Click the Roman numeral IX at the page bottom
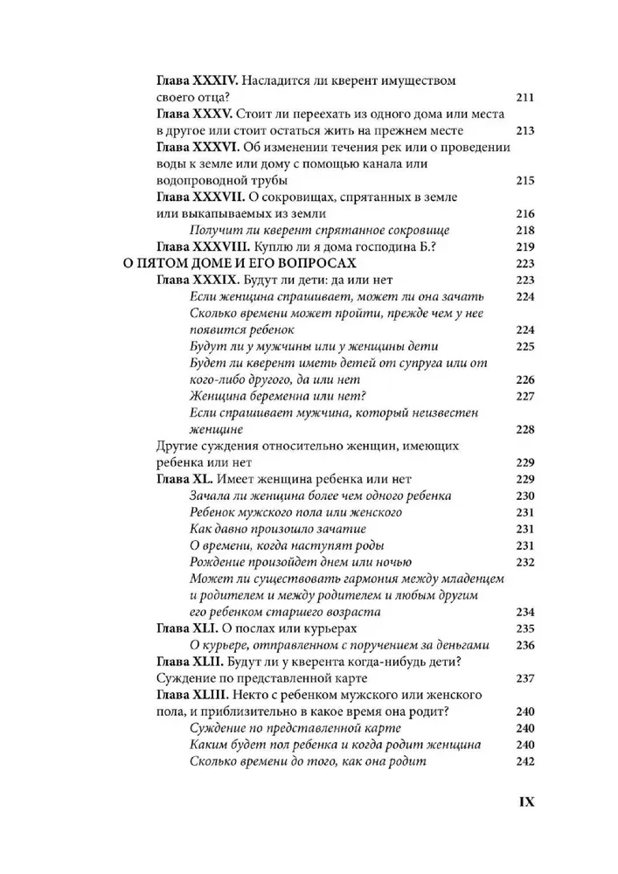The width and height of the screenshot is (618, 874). [x=520, y=801]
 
